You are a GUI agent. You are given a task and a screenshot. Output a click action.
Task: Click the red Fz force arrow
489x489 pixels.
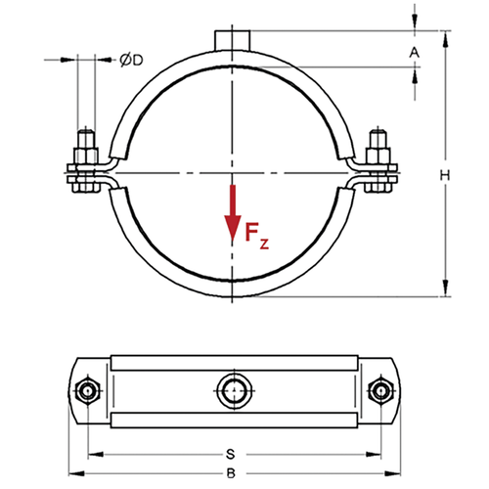(x=233, y=212)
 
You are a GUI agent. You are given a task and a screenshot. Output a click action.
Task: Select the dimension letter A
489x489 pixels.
(x=415, y=52)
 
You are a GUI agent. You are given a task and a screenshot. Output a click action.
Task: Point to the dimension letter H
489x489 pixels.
(x=445, y=175)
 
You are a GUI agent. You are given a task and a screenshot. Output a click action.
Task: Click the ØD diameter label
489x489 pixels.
(x=131, y=60)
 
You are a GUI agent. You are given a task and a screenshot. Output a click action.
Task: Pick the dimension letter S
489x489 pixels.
(x=231, y=454)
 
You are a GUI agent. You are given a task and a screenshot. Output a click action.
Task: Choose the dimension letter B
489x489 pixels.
(x=231, y=473)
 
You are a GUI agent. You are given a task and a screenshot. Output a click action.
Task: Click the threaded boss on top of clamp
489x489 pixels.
(x=233, y=40)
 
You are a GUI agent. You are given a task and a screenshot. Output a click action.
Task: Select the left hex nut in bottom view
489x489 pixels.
(x=86, y=390)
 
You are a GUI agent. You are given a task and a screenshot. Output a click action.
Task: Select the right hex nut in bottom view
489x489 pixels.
(x=380, y=390)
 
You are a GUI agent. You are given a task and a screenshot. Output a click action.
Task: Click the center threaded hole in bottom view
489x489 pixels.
(x=234, y=390)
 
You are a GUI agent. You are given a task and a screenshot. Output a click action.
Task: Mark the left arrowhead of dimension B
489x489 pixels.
(x=76, y=473)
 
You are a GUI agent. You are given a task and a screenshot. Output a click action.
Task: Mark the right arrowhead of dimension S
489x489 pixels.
(x=374, y=454)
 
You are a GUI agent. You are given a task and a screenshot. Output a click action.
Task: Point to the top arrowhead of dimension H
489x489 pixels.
(x=445, y=39)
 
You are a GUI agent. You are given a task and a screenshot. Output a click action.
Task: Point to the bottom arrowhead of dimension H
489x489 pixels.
(x=445, y=288)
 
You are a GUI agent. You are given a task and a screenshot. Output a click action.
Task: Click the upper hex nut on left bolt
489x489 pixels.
(x=86, y=156)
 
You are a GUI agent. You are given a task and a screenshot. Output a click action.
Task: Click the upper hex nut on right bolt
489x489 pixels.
(x=378, y=156)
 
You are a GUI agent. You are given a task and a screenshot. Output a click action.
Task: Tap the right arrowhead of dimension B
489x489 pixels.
(x=392, y=473)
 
